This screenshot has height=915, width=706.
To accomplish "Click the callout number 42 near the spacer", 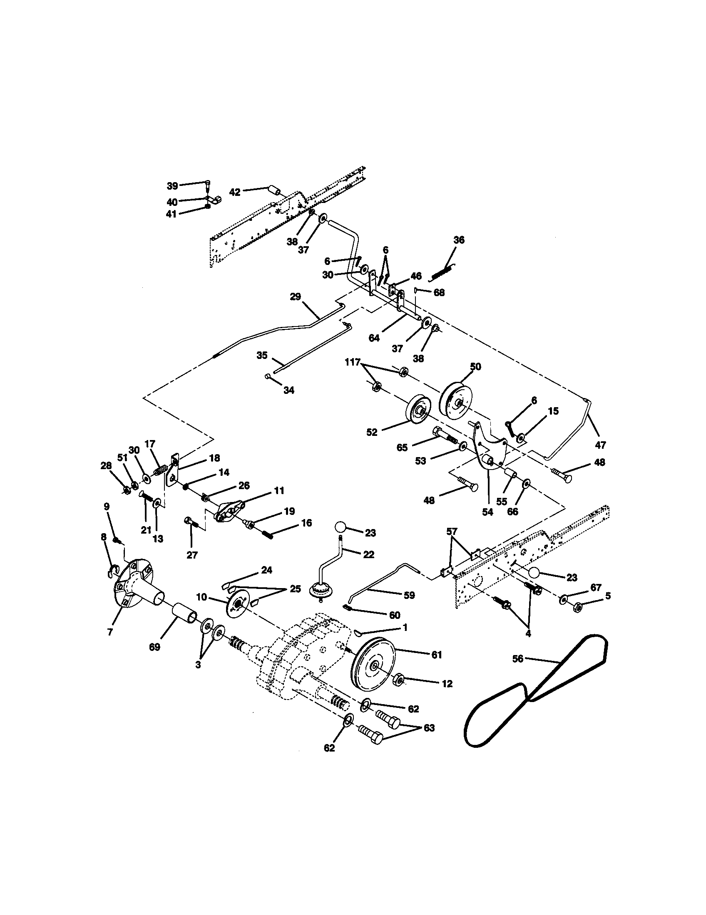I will pos(235,192).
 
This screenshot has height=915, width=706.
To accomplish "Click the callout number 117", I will pos(353,362).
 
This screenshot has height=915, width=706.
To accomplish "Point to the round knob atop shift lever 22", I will pos(341,526).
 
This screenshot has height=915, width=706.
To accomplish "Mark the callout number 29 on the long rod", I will pos(295,297).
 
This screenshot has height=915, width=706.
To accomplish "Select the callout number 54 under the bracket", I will pos(487,512).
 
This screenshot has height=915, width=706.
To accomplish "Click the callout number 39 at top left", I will pos(172,185).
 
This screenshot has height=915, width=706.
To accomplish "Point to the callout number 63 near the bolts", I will pos(429,728).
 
